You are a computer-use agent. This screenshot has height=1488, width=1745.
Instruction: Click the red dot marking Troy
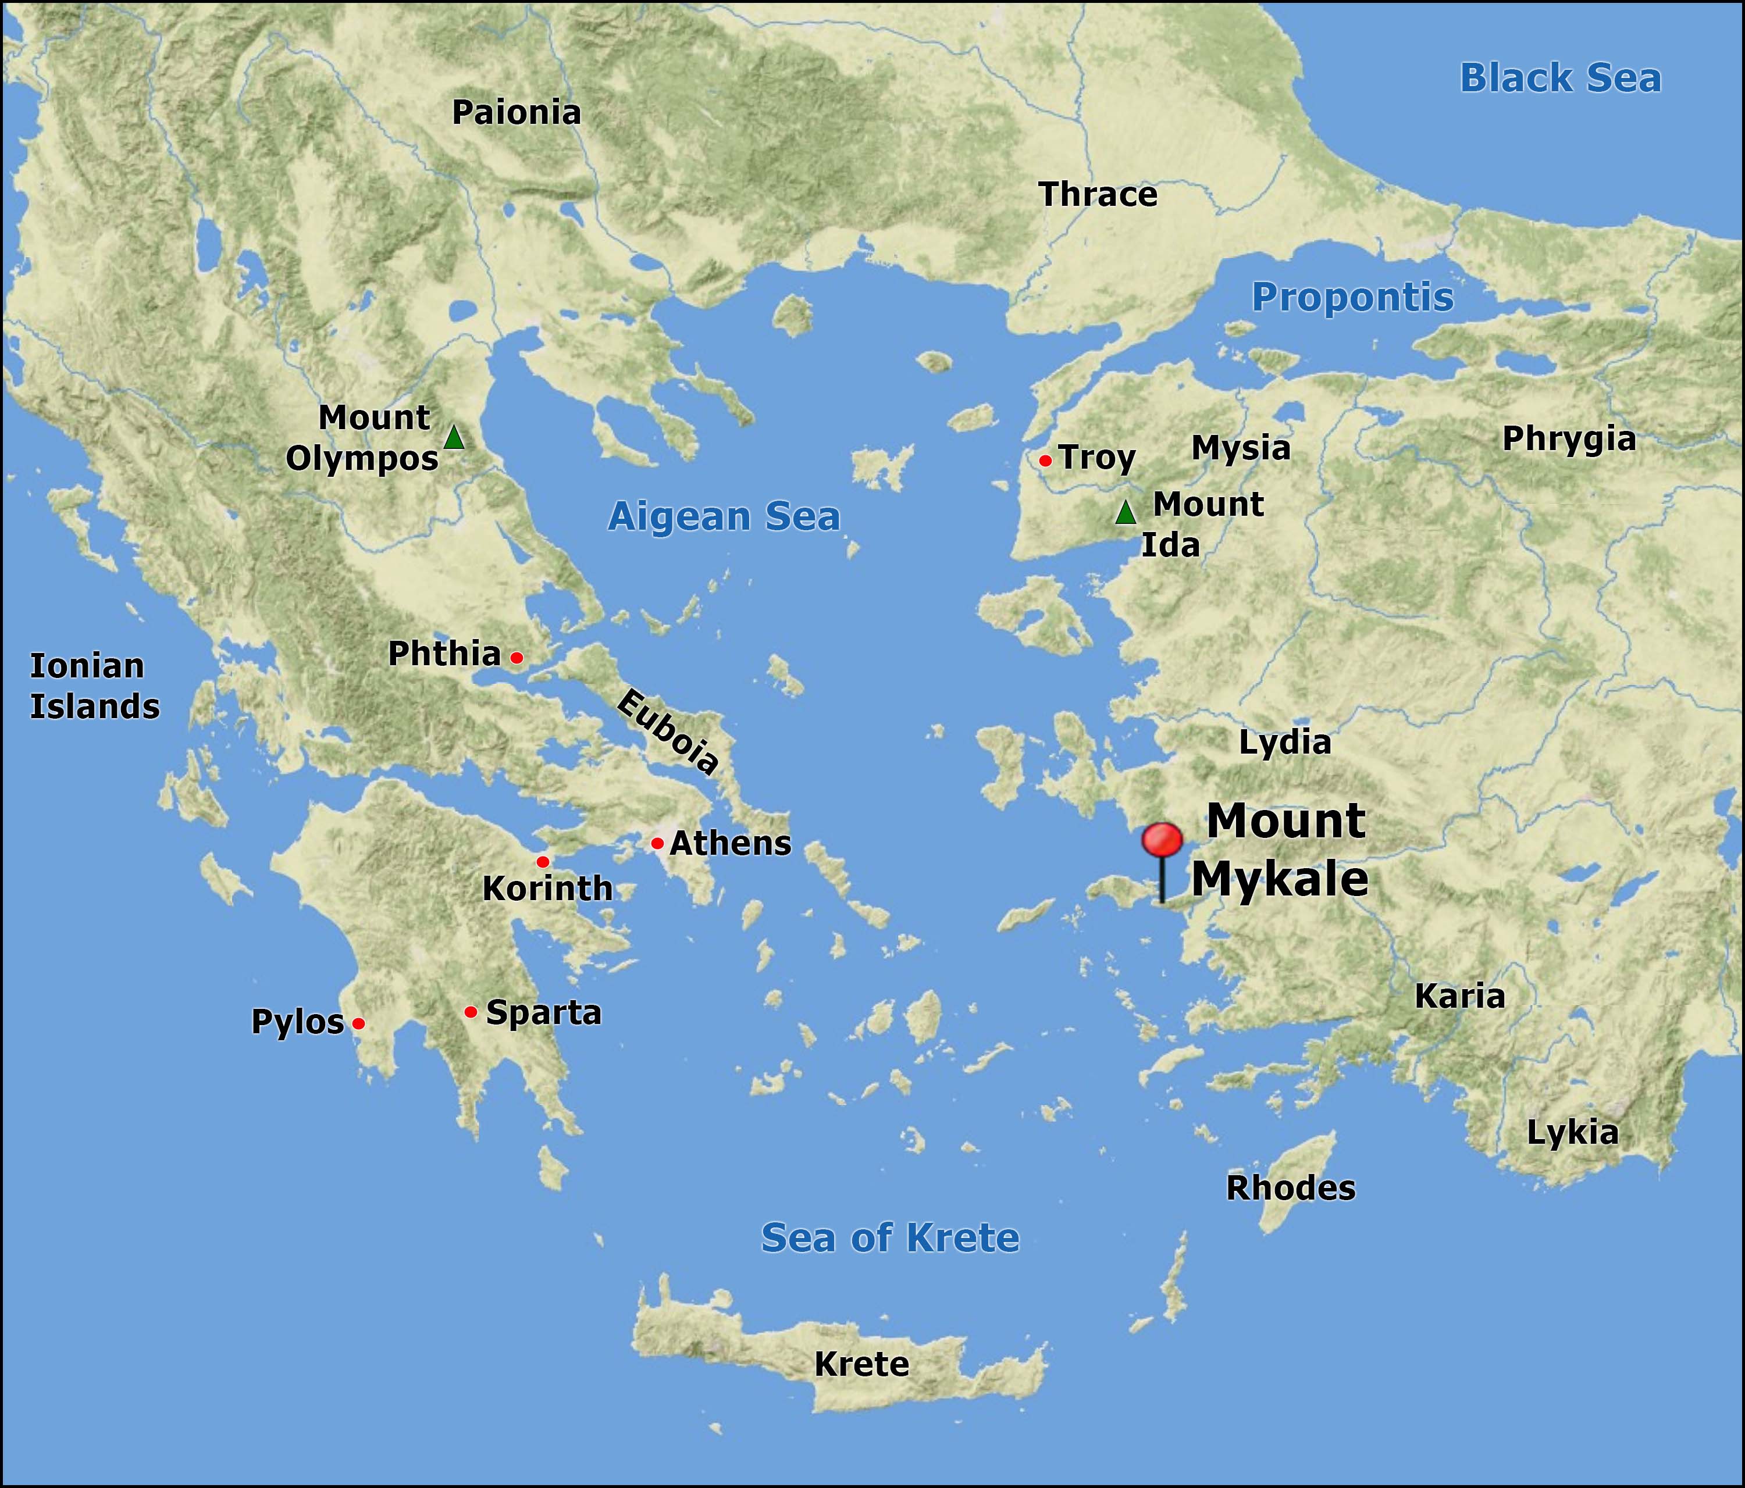(x=1045, y=461)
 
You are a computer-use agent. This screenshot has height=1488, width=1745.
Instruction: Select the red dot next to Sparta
(x=471, y=1011)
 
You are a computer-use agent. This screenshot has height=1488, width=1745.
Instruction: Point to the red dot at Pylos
(x=359, y=1023)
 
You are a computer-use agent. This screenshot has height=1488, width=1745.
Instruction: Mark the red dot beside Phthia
(x=517, y=657)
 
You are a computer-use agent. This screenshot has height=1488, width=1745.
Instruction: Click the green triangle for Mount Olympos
(x=454, y=438)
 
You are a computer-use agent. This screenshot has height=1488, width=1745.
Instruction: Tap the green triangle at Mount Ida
(x=1126, y=512)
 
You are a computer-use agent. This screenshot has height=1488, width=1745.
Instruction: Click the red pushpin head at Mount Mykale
(x=1162, y=840)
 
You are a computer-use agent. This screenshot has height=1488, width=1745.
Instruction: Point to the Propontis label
(x=1352, y=297)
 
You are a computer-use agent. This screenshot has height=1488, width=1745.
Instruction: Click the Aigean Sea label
(x=724, y=516)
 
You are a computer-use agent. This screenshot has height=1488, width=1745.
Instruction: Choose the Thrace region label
(x=1098, y=195)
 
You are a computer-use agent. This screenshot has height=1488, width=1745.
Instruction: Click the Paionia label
(x=517, y=113)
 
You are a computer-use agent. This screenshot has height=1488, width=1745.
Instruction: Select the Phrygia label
(x=1569, y=439)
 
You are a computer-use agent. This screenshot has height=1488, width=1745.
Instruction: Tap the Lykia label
(x=1572, y=1133)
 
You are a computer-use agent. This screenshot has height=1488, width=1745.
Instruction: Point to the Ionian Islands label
(x=94, y=686)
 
